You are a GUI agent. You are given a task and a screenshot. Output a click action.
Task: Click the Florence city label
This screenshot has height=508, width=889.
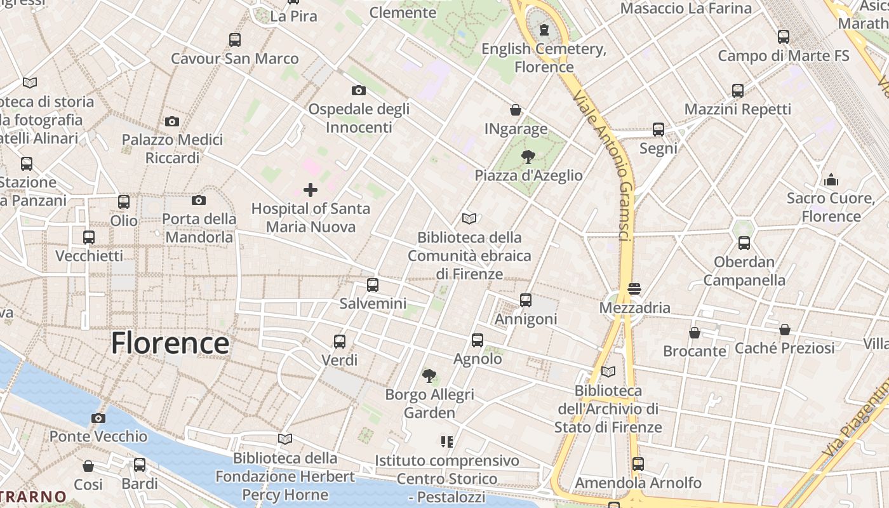pos(170,344)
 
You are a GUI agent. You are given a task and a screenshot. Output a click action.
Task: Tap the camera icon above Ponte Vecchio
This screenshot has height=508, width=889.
pos(98,418)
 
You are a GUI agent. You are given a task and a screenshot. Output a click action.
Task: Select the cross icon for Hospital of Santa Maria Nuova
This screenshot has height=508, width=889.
pos(311,190)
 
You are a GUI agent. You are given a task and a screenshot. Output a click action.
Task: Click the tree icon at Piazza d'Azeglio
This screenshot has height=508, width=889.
pos(528,156)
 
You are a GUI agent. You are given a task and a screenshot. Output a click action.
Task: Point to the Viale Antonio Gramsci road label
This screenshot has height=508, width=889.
pos(603,165)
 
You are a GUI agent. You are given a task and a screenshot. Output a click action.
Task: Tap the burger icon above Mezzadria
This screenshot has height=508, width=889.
pos(634,289)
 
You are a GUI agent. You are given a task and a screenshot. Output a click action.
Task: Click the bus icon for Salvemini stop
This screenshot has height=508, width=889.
pos(373,285)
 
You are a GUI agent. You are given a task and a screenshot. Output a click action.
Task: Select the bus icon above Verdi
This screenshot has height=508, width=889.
pos(340,342)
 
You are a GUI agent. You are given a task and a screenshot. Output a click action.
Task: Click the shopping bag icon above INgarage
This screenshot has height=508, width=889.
pos(516,110)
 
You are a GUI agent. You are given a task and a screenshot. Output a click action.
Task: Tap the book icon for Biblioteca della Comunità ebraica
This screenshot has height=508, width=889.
pos(469,219)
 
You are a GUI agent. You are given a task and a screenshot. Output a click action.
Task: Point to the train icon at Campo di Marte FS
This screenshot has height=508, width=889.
pos(784,37)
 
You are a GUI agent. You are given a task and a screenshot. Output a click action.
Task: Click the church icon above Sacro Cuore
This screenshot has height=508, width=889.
pos(831,180)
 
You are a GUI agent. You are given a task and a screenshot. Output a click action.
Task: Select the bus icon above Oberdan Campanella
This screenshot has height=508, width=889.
pos(744,243)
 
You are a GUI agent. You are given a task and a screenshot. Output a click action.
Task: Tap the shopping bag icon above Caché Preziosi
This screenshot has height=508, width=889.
pos(785,330)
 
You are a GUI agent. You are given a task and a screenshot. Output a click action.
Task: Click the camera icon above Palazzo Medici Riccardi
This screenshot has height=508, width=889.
pos(172,121)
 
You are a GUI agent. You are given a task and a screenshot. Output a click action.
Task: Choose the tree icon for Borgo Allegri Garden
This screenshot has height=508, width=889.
pos(429,376)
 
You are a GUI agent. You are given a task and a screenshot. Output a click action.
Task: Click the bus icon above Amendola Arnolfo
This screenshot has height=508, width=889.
pos(638,464)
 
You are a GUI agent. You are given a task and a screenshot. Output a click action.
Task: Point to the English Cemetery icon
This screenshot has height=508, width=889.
pos(544,30)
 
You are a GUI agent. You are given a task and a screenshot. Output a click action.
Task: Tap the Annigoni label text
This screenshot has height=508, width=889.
pos(526,319)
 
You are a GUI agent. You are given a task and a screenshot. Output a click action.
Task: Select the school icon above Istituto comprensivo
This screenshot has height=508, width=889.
pos(446,441)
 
